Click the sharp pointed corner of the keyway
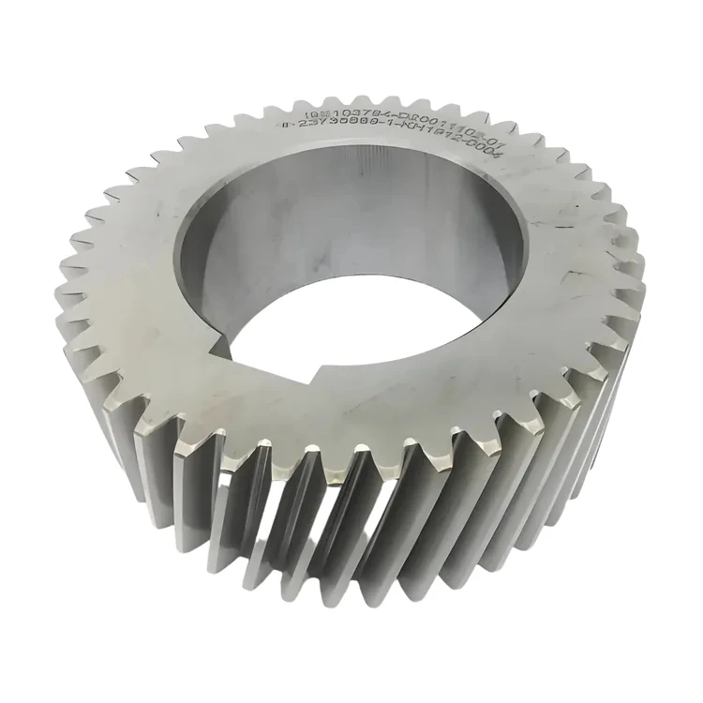309,381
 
